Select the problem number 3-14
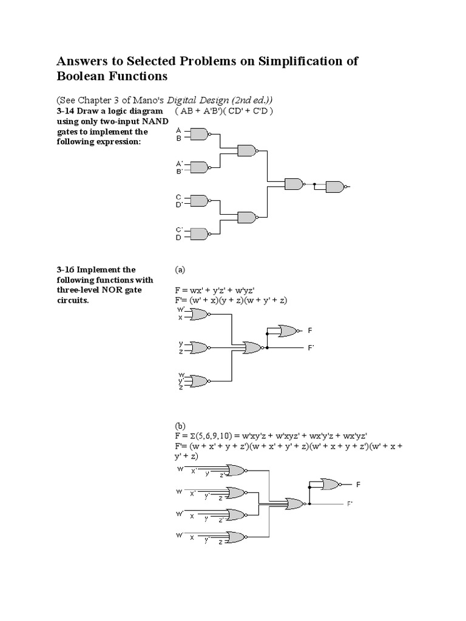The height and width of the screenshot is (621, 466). [66, 111]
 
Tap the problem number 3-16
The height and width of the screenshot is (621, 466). [66, 269]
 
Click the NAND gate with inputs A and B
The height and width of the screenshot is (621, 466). [199, 134]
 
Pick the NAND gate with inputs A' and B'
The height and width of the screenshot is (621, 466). [199, 167]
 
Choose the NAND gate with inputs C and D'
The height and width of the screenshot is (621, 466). [199, 200]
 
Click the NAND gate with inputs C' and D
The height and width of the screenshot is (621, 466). [199, 233]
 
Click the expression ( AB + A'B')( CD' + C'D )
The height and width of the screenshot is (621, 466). [225, 111]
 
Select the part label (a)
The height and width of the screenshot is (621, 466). [180, 269]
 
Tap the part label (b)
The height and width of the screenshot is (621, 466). [181, 426]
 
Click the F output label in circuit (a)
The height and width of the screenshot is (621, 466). [310, 331]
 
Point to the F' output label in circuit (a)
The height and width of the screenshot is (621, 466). [311, 347]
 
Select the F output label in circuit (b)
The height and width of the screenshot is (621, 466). [358, 485]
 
